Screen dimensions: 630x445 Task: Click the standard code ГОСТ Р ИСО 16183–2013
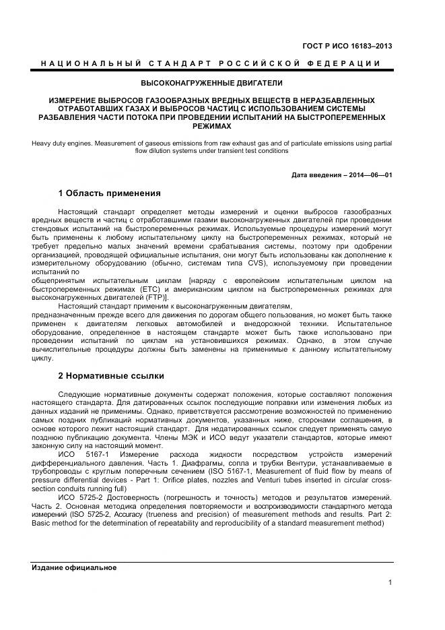(350, 46)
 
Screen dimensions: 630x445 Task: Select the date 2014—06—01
(370, 175)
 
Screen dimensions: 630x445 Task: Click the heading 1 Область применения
(109, 193)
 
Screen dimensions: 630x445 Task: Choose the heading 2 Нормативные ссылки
(110, 375)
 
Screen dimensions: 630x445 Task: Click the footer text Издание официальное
(74, 567)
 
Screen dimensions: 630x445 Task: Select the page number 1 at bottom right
(390, 583)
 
